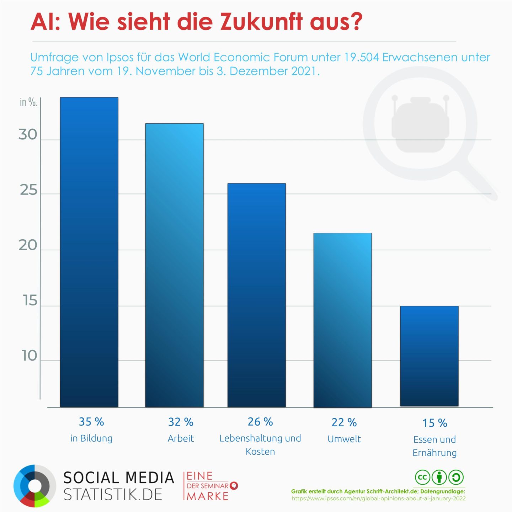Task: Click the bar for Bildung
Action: [x=89, y=252]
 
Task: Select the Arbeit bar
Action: [x=174, y=265]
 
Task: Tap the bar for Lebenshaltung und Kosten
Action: [x=256, y=295]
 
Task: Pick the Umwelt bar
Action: [x=342, y=320]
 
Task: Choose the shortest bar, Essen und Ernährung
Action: [x=429, y=356]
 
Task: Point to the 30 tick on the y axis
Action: [x=28, y=135]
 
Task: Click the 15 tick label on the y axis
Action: [x=30, y=301]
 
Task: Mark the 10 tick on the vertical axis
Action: [x=29, y=356]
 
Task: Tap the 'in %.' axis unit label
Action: [x=28, y=102]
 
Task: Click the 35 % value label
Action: [x=91, y=422]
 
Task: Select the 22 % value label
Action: [x=344, y=422]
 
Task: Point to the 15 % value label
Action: [x=434, y=423]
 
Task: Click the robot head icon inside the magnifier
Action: [x=419, y=123]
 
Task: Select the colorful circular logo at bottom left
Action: [x=34, y=485]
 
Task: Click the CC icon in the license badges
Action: [x=422, y=477]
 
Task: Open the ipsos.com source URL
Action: [x=378, y=498]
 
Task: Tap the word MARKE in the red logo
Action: [x=208, y=496]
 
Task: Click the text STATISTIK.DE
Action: [x=113, y=495]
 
